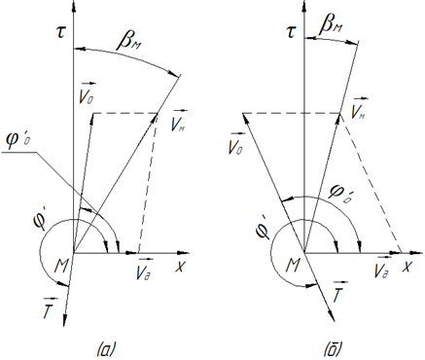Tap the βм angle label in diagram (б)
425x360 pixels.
coord(331,26)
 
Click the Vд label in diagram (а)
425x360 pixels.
coord(144,270)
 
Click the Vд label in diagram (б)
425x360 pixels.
coord(381,270)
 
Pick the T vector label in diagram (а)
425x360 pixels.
coord(51,306)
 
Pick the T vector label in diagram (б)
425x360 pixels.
coord(340,290)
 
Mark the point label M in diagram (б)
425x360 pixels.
coord(293,267)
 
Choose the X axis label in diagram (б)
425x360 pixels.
coord(407,267)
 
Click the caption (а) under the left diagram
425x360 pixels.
coord(107,350)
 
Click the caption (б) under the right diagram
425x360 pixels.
coord(333,350)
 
